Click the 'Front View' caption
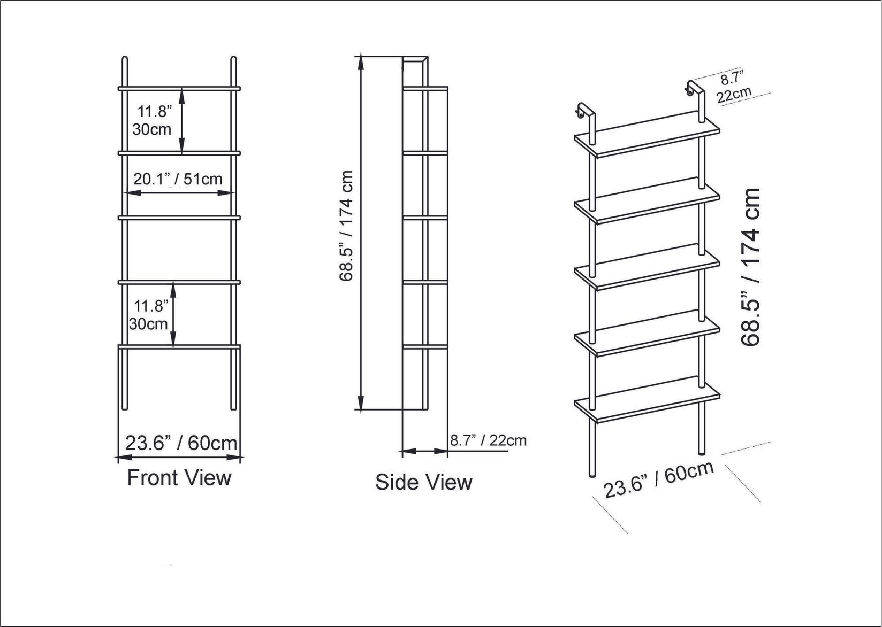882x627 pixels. coord(179,477)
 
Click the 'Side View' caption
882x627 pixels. coord(423,482)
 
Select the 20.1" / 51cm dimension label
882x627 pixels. coord(178,179)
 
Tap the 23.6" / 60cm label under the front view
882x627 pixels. coord(181,443)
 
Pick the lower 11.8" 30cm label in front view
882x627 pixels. coord(150,315)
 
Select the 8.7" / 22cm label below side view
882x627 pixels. coord(488,440)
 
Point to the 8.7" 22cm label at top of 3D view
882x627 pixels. coord(733,88)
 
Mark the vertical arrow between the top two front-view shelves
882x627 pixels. coord(182,120)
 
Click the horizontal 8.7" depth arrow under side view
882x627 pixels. coord(424,452)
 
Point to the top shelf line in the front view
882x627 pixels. coord(179,88)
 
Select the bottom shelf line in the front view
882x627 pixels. coord(179,346)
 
